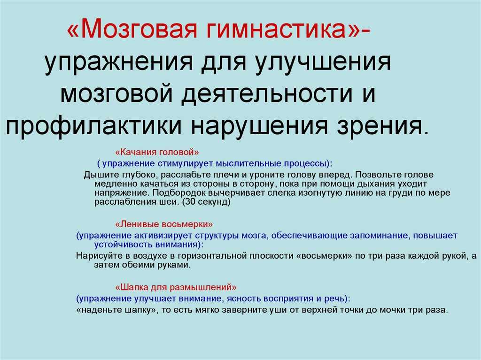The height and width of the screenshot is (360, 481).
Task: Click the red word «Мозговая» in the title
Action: [x=132, y=29]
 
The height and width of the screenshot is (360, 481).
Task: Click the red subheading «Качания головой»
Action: [x=157, y=152]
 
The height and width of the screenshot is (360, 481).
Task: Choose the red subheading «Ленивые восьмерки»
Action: [x=164, y=224]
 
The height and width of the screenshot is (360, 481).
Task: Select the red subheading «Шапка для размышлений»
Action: [x=176, y=288]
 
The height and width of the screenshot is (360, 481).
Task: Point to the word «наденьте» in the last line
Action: [x=99, y=310]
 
